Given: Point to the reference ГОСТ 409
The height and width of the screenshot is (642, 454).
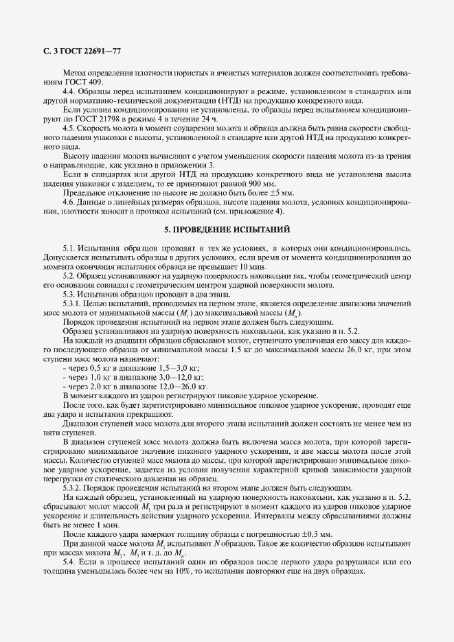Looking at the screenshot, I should click(77, 82).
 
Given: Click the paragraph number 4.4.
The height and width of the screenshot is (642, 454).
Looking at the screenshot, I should click(70, 91).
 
